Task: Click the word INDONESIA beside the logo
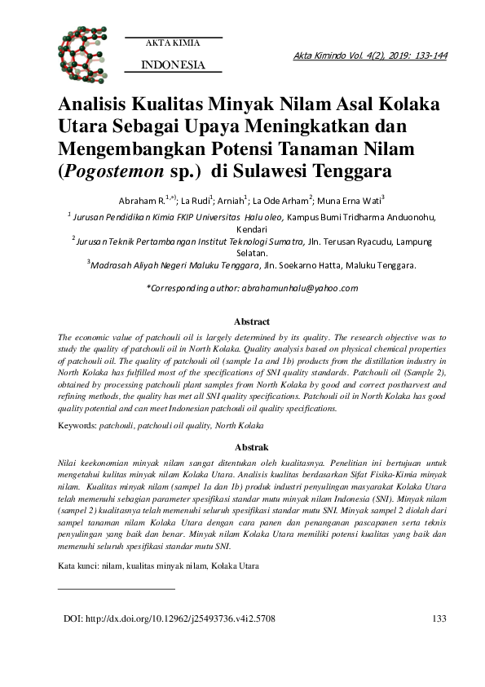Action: pyautogui.click(x=173, y=64)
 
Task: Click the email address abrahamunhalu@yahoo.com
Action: pyautogui.click(x=298, y=288)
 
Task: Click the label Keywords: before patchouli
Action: pyautogui.click(x=77, y=426)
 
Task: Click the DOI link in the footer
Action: pyautogui.click(x=169, y=642)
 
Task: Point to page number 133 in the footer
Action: pyautogui.click(x=439, y=642)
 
